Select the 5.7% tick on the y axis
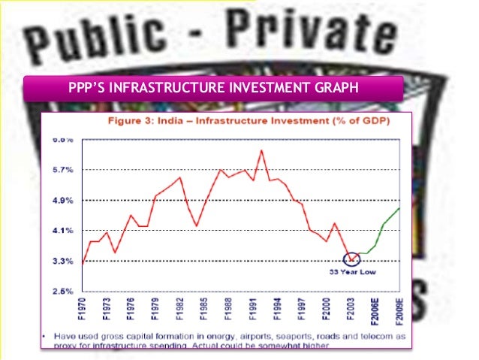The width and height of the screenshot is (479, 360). (62, 170)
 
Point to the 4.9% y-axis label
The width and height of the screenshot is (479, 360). (62, 201)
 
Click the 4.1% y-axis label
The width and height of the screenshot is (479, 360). (62, 231)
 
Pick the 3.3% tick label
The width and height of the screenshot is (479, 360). (62, 262)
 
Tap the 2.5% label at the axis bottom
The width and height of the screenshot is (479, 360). (62, 291)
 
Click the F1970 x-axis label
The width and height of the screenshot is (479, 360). (83, 310)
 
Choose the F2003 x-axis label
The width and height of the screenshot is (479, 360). (350, 310)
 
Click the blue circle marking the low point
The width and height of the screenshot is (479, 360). (351, 259)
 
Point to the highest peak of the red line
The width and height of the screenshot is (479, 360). (261, 150)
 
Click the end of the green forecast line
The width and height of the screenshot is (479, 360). (399, 208)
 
